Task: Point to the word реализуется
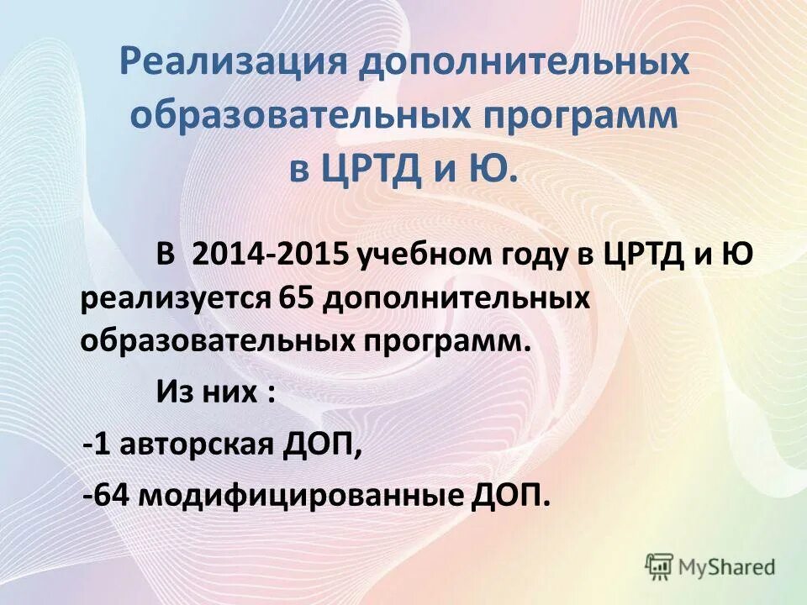[x=175, y=297]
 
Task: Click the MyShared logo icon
[x=660, y=566]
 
